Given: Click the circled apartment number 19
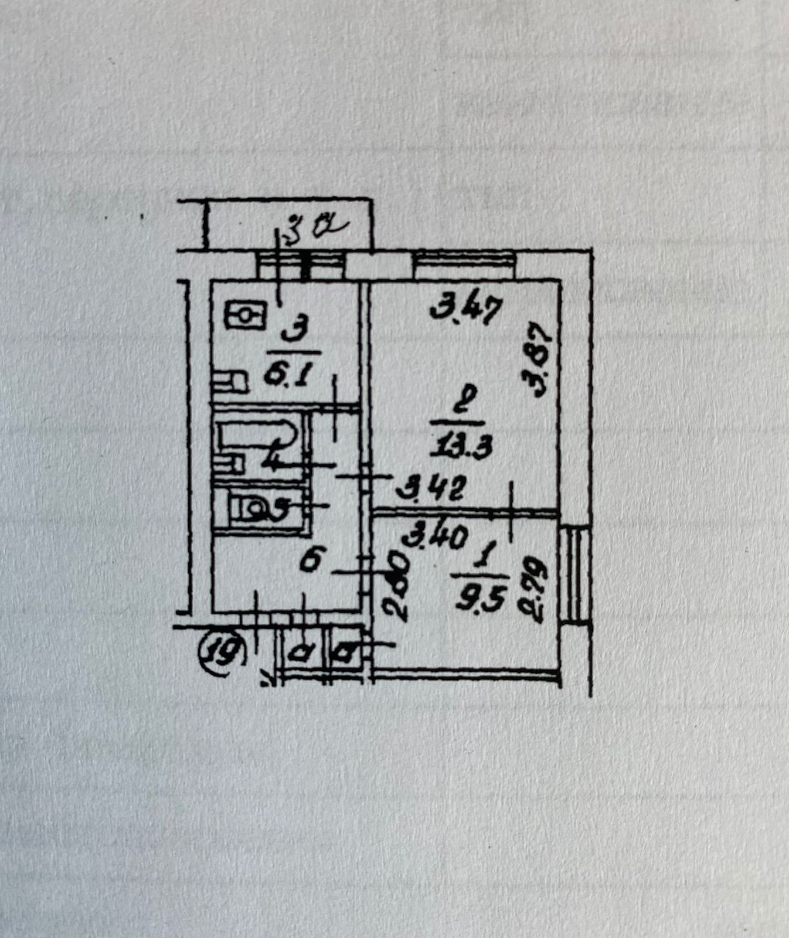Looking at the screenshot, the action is (x=223, y=652).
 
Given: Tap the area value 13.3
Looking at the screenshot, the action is (x=461, y=448).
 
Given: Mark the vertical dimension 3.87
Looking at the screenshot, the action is (x=539, y=361).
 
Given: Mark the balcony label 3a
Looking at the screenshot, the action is (x=314, y=226).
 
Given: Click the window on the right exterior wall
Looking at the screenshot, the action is (x=574, y=575).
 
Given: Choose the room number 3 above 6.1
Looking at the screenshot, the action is (x=291, y=335).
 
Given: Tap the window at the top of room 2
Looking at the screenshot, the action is (x=464, y=265).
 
